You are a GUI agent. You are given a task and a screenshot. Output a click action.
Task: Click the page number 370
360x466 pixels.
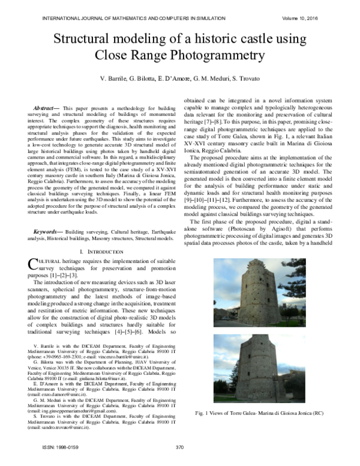179,448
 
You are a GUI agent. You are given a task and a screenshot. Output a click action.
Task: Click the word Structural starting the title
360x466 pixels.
88,39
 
